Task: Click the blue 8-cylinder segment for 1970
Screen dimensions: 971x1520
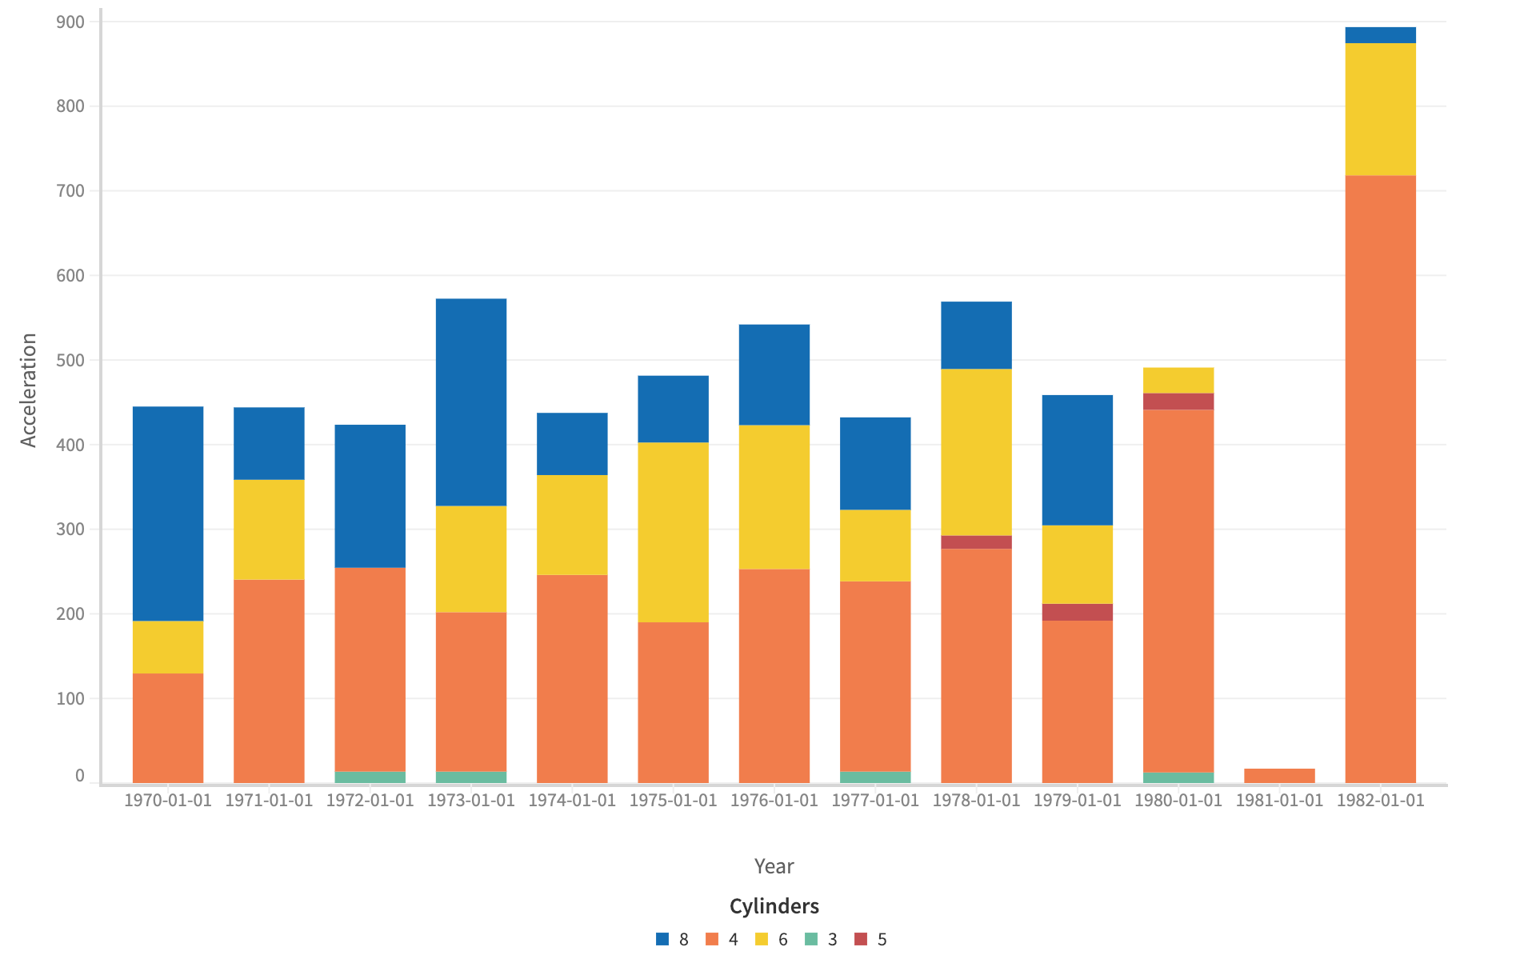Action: click(x=168, y=513)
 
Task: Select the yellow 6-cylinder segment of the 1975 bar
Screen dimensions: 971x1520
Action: click(x=673, y=532)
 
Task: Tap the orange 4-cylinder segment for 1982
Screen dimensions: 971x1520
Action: click(x=1380, y=478)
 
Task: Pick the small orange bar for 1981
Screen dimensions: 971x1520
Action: click(x=1279, y=776)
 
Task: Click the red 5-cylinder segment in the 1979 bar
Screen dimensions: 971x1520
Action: click(x=1077, y=612)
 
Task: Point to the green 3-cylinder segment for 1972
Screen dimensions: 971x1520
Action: click(x=370, y=777)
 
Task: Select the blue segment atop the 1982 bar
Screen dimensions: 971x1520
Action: click(x=1380, y=35)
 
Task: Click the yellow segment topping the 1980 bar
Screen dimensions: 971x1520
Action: click(x=1178, y=380)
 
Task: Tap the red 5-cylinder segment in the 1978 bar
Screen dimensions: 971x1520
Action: click(x=976, y=541)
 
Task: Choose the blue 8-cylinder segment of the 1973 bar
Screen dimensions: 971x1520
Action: click(x=471, y=402)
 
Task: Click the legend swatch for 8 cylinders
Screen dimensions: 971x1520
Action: click(x=662, y=939)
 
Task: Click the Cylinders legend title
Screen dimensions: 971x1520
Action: click(x=774, y=906)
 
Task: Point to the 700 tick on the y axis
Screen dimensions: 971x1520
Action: click(x=70, y=190)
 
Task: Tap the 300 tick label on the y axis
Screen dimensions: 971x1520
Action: click(x=70, y=529)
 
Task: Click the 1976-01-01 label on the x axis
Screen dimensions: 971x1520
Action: click(x=774, y=801)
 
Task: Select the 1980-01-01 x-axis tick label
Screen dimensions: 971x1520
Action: click(x=1178, y=801)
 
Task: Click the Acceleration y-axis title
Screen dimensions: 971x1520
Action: click(x=29, y=390)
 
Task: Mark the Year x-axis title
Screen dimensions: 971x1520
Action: click(x=774, y=866)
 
